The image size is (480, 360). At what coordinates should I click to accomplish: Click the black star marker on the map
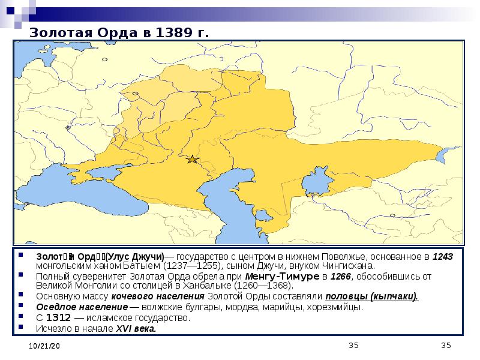tap(192, 159)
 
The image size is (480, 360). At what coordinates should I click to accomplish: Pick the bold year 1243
tap(443, 257)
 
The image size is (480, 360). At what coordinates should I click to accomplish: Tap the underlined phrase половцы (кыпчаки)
tap(371, 297)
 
